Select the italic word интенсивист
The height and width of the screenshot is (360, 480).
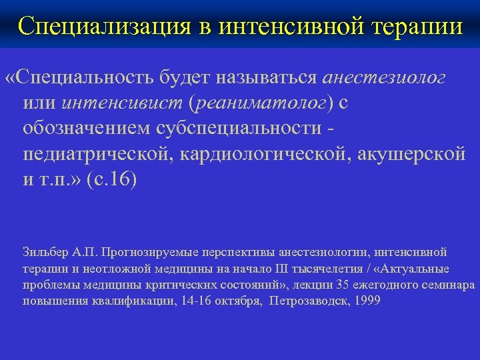coord(124,103)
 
